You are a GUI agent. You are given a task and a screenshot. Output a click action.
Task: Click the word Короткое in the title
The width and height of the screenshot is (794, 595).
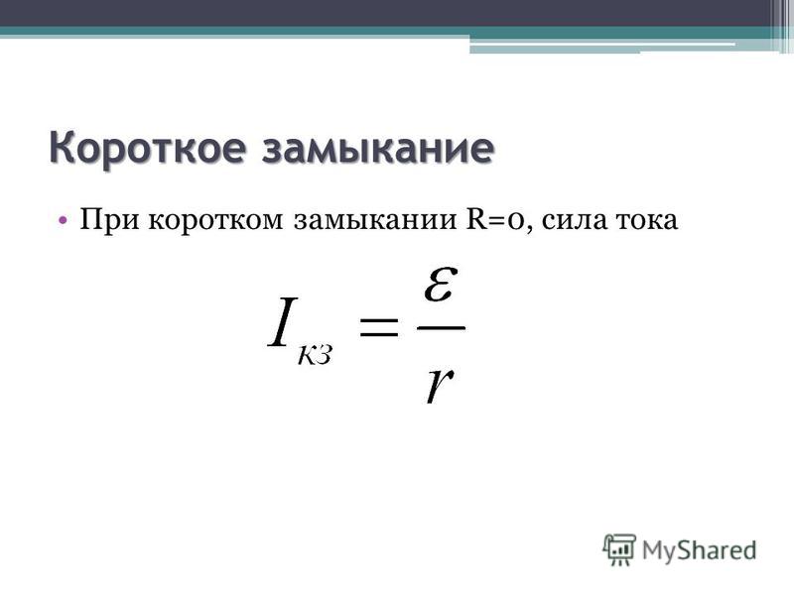pyautogui.click(x=148, y=149)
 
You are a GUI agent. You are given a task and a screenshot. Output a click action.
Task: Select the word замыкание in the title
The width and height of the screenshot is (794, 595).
pyautogui.click(x=378, y=149)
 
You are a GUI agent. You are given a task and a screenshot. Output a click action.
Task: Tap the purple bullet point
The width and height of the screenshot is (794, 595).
pyautogui.click(x=63, y=220)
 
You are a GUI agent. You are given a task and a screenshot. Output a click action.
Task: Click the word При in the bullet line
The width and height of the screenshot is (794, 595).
pyautogui.click(x=109, y=220)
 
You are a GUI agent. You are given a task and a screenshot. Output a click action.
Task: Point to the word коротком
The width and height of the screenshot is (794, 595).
pyautogui.click(x=215, y=221)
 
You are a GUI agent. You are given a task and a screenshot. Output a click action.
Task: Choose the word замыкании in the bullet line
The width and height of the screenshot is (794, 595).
pyautogui.click(x=375, y=221)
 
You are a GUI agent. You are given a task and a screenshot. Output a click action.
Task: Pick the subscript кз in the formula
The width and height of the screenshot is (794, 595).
pyautogui.click(x=315, y=355)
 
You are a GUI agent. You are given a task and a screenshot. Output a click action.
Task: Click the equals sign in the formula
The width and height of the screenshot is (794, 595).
pyautogui.click(x=378, y=326)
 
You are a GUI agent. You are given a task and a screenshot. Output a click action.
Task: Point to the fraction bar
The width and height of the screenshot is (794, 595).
pyautogui.click(x=441, y=327)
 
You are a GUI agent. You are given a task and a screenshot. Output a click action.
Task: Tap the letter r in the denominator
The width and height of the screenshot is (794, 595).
pyautogui.click(x=439, y=385)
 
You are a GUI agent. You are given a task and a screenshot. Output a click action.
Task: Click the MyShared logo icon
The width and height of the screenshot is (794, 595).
pyautogui.click(x=618, y=549)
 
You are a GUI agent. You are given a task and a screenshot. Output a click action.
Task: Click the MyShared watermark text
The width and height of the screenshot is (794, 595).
pyautogui.click(x=700, y=550)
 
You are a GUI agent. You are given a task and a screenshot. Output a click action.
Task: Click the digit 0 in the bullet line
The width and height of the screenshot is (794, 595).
pyautogui.click(x=517, y=222)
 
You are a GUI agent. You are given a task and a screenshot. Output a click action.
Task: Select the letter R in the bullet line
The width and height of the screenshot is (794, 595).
pyautogui.click(x=475, y=220)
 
